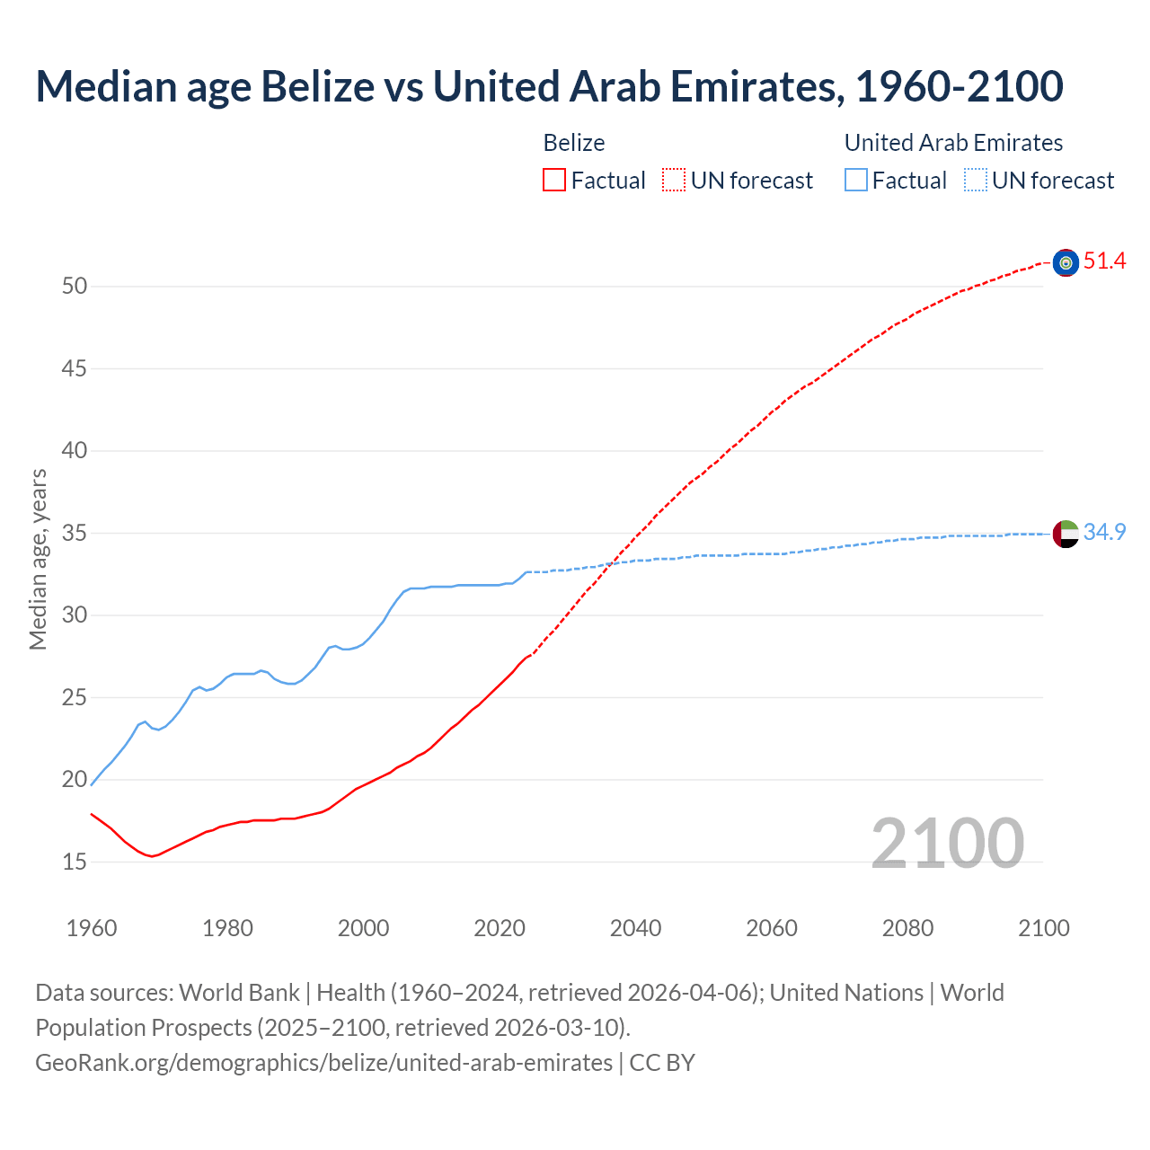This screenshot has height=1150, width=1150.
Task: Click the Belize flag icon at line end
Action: point(1066,262)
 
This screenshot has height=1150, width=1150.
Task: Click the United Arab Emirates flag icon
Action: point(1066,533)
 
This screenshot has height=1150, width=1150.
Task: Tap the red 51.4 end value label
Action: point(1104,261)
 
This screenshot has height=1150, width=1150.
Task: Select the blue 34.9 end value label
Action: point(1104,532)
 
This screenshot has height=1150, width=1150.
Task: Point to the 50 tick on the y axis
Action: point(75,287)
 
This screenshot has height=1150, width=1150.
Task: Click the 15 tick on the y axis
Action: point(75,862)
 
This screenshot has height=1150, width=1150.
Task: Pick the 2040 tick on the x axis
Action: point(635,928)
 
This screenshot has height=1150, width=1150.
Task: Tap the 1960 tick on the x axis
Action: point(92,928)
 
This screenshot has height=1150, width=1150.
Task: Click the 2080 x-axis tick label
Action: point(907,928)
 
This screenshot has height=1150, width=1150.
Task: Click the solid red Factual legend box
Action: point(554,181)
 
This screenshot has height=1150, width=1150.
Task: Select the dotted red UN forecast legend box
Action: point(674,181)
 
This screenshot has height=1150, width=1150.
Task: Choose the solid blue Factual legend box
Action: point(856,181)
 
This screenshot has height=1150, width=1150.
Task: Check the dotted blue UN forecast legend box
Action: point(976,181)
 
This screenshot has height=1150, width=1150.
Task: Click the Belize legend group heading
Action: point(574,143)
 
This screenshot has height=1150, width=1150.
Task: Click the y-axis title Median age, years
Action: point(38,559)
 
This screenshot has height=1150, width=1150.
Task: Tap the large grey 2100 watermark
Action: point(947,843)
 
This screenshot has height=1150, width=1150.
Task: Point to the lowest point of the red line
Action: point(151,856)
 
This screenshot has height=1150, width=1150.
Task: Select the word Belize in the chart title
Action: point(316,86)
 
